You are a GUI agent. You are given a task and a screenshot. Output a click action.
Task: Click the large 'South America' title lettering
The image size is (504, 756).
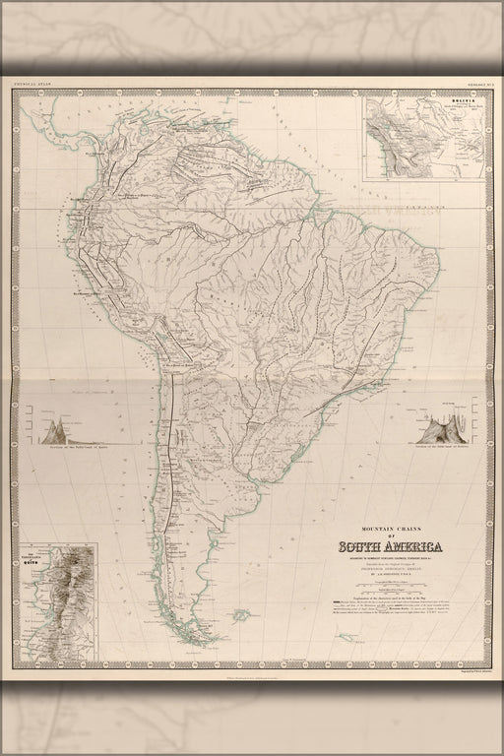click(x=391, y=548)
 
